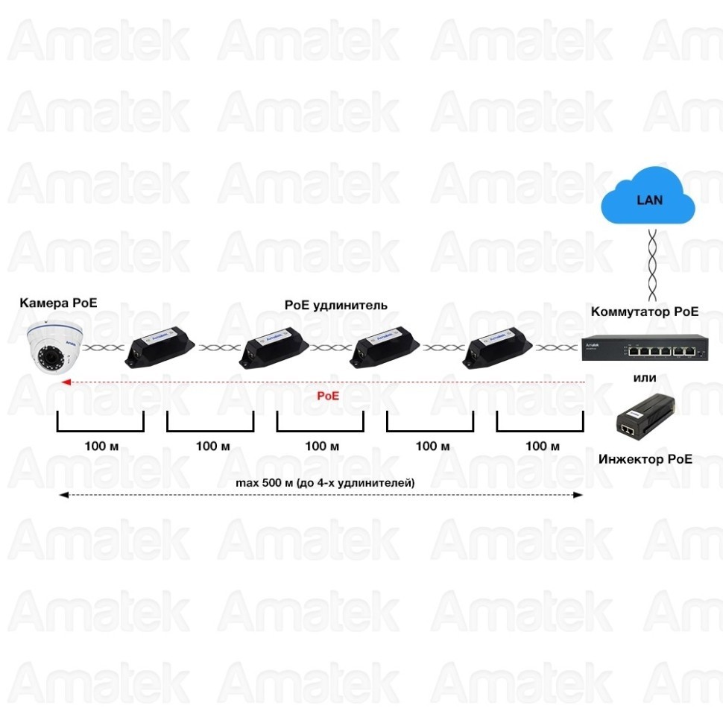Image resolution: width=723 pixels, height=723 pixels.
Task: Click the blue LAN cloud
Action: (x=648, y=198)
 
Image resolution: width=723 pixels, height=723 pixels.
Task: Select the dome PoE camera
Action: (x=54, y=347)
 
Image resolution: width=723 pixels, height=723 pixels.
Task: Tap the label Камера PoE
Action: (x=58, y=303)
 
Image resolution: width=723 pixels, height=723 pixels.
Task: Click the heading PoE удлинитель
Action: (x=335, y=305)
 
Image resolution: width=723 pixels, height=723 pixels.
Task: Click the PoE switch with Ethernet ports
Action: (x=645, y=349)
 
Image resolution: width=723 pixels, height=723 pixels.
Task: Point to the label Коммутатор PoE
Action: (x=645, y=312)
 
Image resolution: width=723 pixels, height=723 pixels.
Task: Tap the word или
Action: (x=645, y=378)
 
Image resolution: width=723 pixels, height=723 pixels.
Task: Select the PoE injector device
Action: (x=645, y=417)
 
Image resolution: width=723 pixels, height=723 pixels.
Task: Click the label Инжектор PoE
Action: (x=645, y=459)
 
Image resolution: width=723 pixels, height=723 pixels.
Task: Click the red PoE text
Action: (x=328, y=396)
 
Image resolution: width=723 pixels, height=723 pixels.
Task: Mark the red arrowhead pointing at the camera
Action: (x=65, y=382)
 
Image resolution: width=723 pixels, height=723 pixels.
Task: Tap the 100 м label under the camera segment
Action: (x=102, y=446)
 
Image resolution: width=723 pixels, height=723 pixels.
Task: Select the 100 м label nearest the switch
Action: (x=542, y=446)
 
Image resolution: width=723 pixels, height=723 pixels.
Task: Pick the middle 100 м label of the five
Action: (x=322, y=446)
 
